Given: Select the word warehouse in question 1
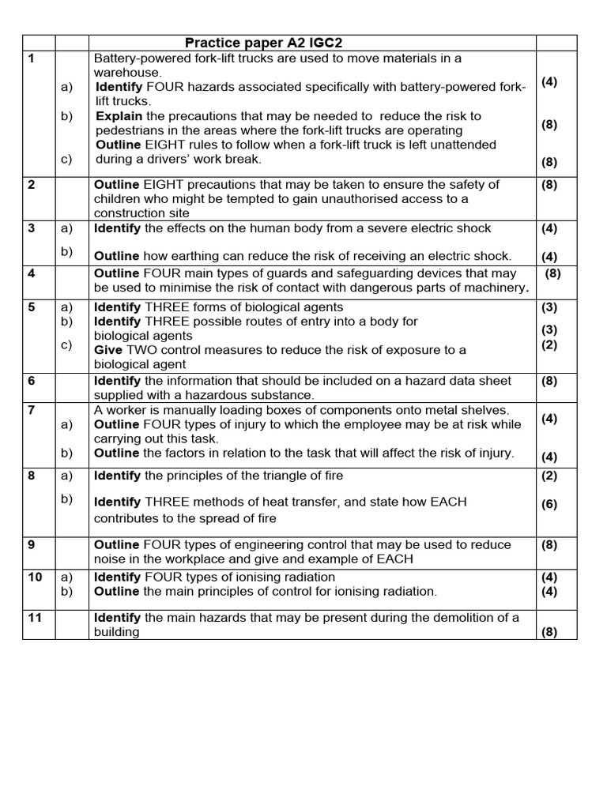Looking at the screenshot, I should [x=126, y=73].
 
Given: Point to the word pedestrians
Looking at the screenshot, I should [x=130, y=130].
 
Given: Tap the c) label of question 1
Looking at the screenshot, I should [x=66, y=159].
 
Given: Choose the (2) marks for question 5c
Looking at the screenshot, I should [x=549, y=344].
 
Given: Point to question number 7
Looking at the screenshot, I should [x=32, y=410].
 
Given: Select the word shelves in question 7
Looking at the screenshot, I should [x=487, y=410].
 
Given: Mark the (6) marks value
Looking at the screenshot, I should [x=549, y=505].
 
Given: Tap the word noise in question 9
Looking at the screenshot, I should [x=111, y=559].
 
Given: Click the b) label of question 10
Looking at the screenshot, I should [x=66, y=591].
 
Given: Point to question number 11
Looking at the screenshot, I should [x=35, y=618].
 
